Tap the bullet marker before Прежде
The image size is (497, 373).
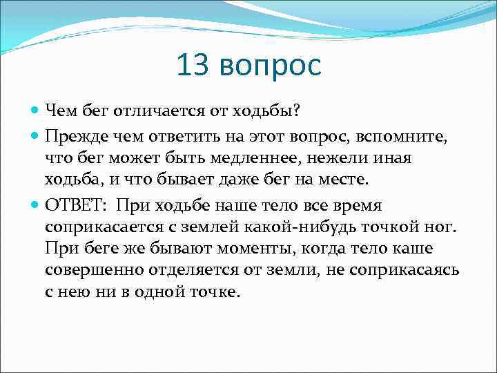tap(36, 134)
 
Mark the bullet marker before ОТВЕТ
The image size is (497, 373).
tap(36, 204)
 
